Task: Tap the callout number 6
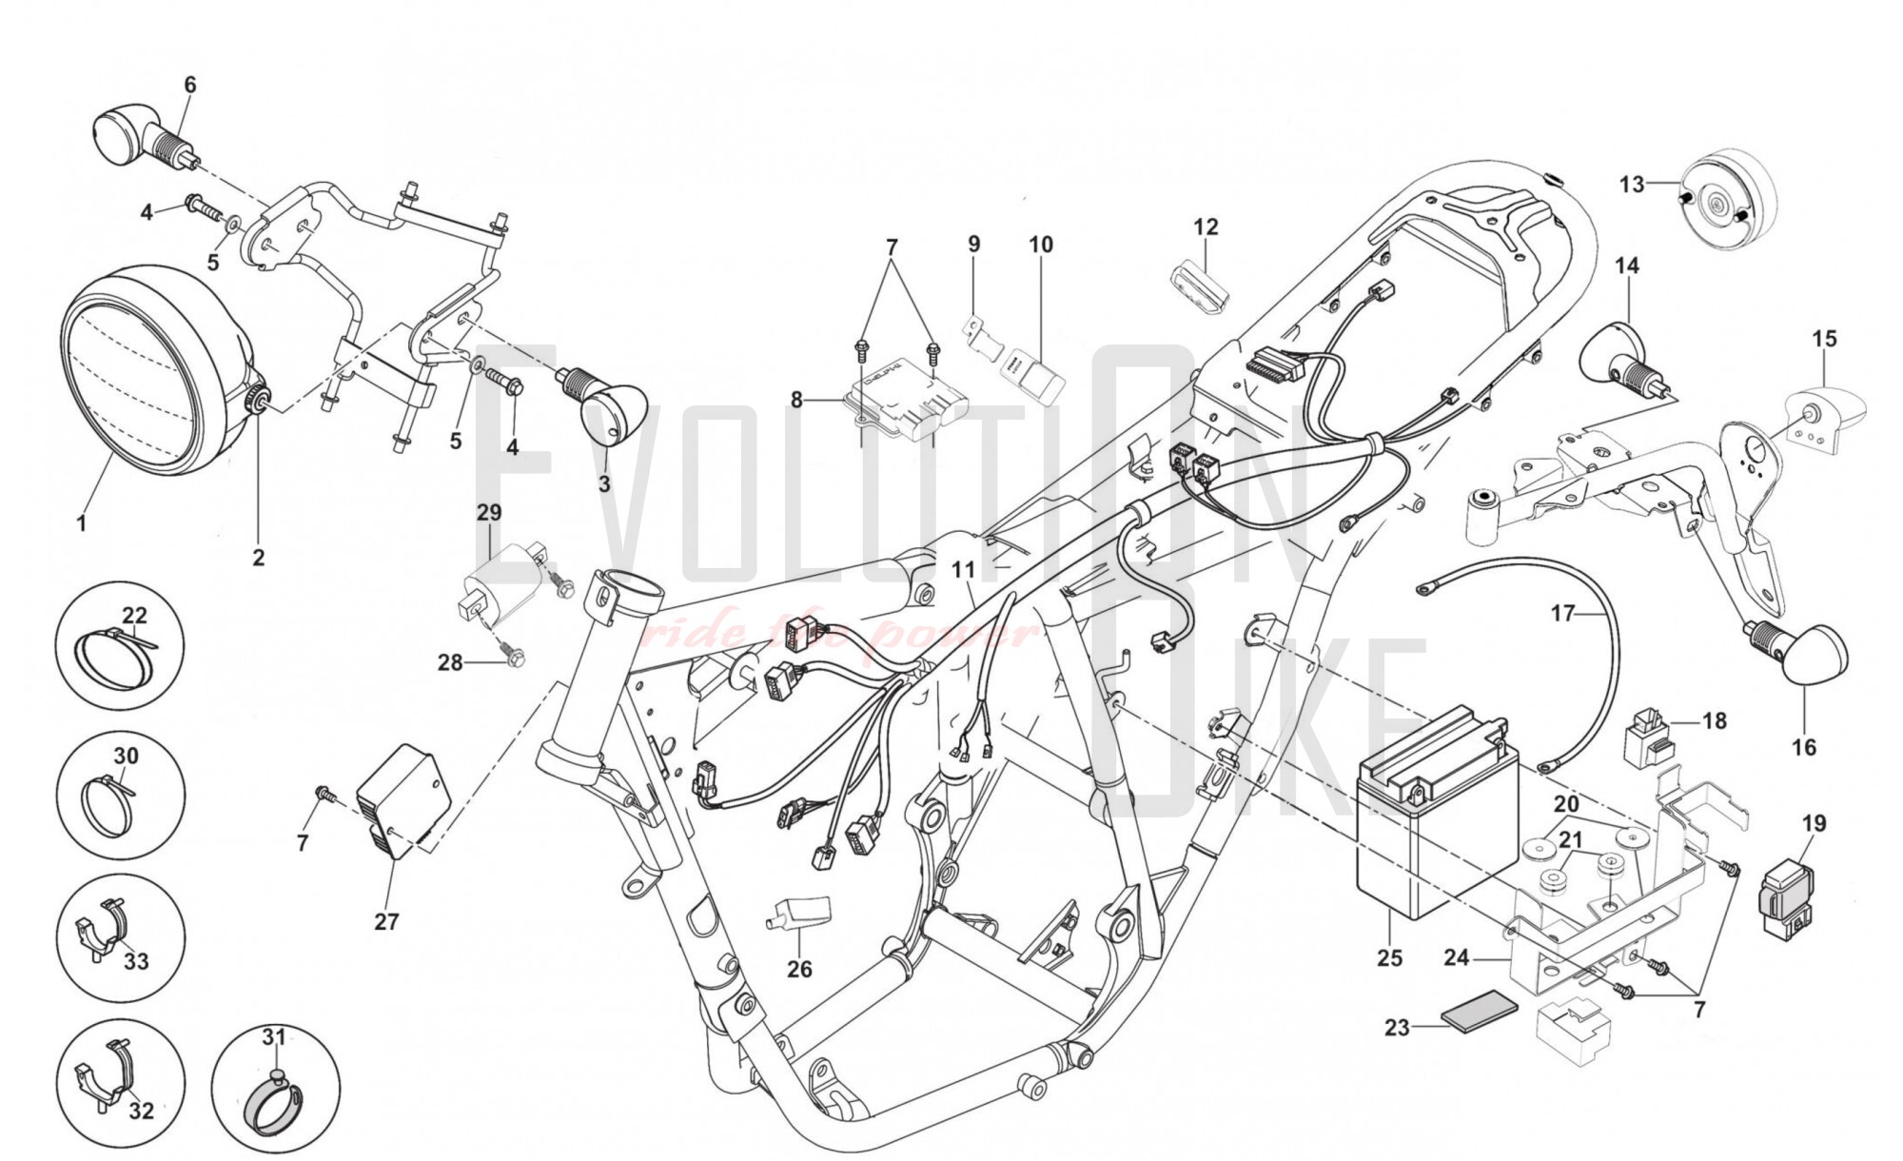pos(190,86)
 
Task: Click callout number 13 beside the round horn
pos(1631,184)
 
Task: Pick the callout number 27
pos(386,921)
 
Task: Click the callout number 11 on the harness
pos(964,570)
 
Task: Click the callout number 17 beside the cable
pos(1562,614)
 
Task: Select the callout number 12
pos(1206,227)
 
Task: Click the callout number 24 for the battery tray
pos(1456,956)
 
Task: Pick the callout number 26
pos(799,969)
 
